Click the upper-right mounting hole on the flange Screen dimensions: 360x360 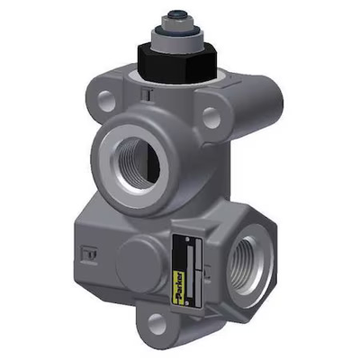212,115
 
